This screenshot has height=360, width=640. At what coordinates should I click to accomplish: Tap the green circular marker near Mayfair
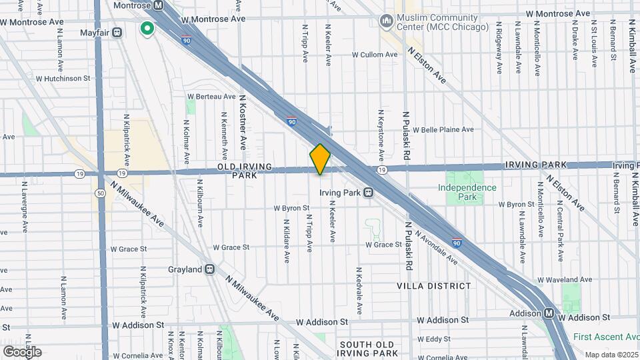pos(147,29)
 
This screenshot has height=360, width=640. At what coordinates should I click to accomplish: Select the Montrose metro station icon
pos(158,5)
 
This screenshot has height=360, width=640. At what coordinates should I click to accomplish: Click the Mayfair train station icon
pos(117,31)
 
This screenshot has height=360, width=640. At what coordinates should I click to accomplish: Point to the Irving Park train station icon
pos(368,193)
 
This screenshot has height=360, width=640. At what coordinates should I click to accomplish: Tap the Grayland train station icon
pos(209,269)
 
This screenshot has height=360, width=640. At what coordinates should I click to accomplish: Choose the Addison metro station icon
pos(548,313)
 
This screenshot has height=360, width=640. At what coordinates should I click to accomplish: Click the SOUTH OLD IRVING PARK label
pos(368,349)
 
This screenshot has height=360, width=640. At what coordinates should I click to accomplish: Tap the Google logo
pos(22,351)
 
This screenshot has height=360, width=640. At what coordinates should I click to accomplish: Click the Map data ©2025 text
pos(611,354)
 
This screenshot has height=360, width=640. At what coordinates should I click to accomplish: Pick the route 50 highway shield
pos(99,193)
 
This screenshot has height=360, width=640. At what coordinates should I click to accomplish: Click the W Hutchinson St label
pos(63,78)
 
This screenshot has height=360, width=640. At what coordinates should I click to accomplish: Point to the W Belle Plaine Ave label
pos(443,129)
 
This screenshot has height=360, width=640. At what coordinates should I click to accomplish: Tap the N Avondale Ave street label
pos(436,246)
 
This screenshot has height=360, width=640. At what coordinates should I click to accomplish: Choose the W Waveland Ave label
pos(564,279)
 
